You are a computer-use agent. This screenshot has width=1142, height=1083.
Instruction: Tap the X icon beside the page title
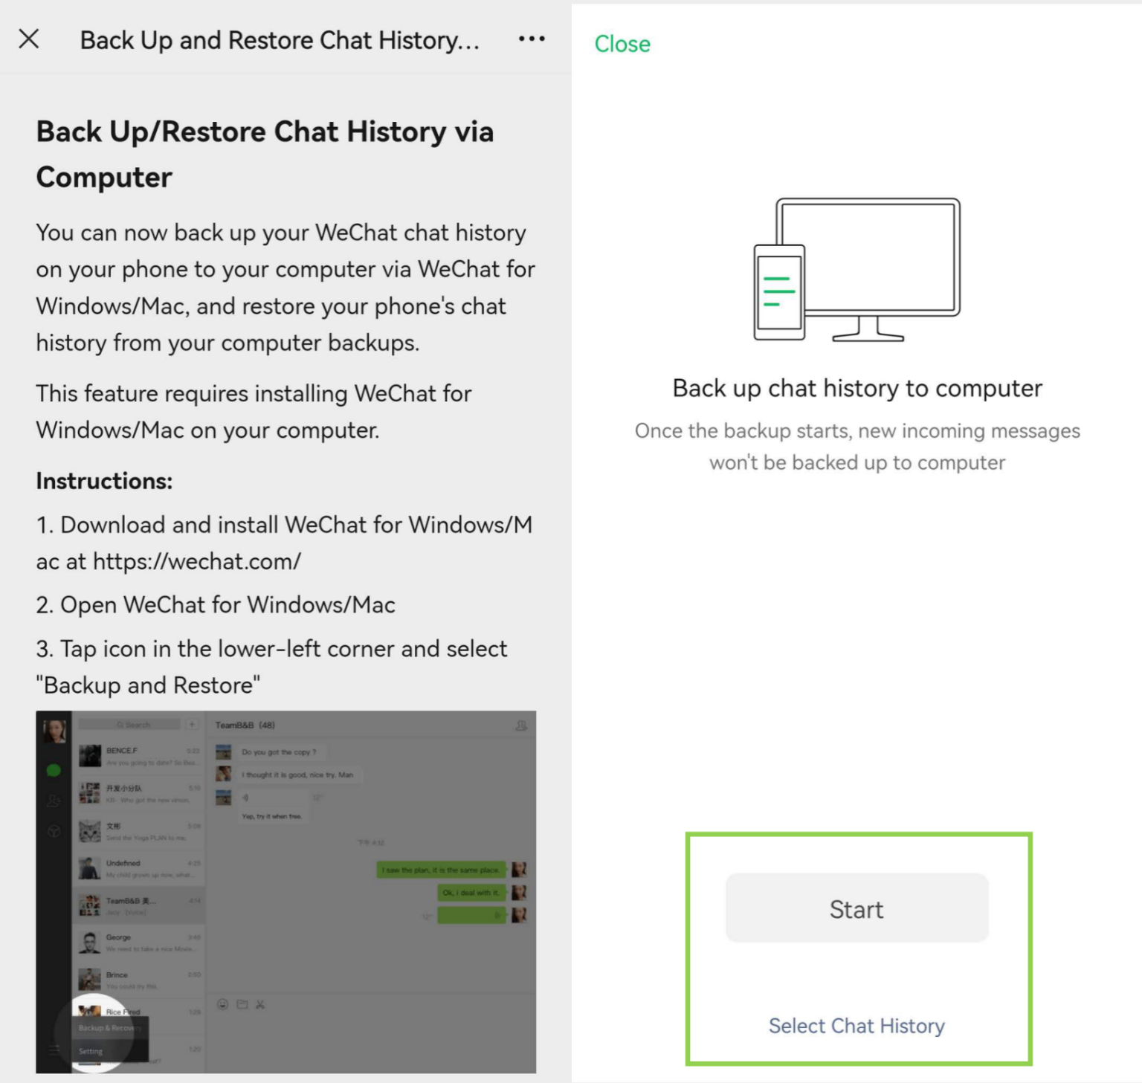pyautogui.click(x=29, y=39)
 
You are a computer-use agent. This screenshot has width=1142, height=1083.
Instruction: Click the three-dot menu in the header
pyautogui.click(x=532, y=39)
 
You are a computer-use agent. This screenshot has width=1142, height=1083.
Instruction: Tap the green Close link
pyautogui.click(x=622, y=44)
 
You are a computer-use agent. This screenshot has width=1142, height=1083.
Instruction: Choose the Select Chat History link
pyautogui.click(x=856, y=1026)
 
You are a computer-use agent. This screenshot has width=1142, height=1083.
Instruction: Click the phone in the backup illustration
pyautogui.click(x=779, y=292)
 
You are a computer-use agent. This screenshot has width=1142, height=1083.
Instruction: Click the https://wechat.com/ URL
pyautogui.click(x=197, y=561)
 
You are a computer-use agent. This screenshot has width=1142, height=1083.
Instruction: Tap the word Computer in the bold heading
pyautogui.click(x=104, y=177)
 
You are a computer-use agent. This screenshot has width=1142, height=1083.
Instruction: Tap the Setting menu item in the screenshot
pyautogui.click(x=91, y=1051)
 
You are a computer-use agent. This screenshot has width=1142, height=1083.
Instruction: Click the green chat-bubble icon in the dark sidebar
pyautogui.click(x=54, y=771)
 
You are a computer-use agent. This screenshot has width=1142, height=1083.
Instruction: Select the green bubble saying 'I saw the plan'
pyautogui.click(x=441, y=870)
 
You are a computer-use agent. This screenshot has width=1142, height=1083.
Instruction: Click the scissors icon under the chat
pyautogui.click(x=260, y=1005)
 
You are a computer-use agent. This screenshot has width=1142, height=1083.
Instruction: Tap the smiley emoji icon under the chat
pyautogui.click(x=222, y=1005)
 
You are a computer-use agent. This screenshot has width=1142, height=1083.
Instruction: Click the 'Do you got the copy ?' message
pyautogui.click(x=279, y=752)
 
